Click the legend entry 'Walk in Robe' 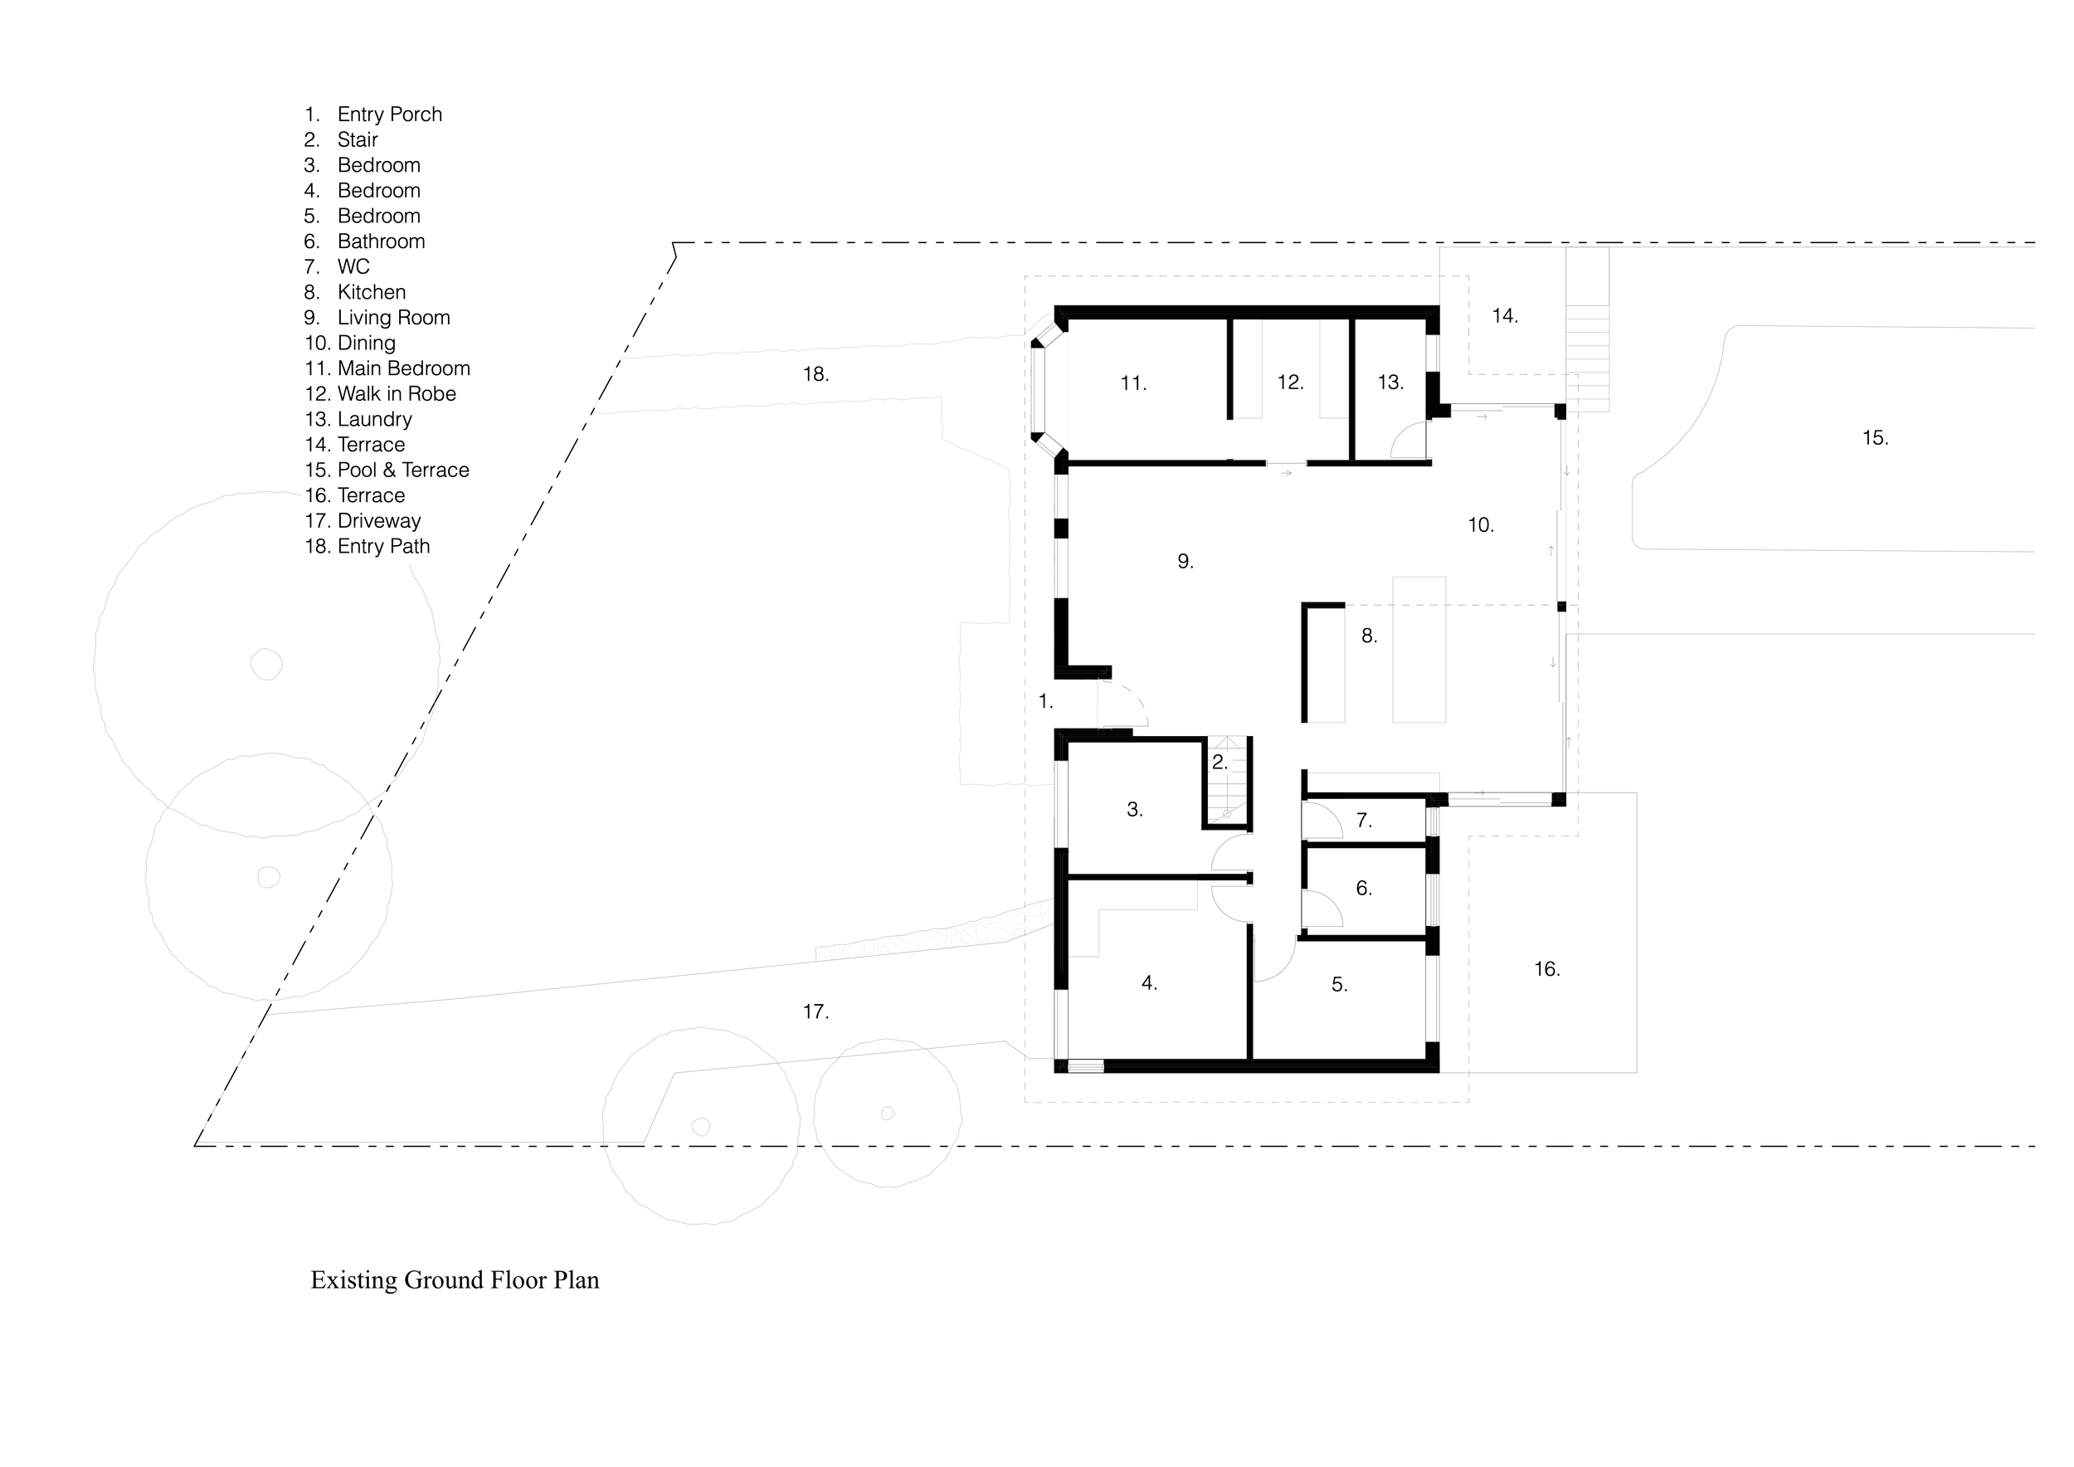(396, 394)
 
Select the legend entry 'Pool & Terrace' (402, 470)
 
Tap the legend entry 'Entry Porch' (388, 115)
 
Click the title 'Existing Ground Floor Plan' (455, 1280)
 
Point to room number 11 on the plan (1132, 384)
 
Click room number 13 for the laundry (1390, 383)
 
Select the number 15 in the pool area (1874, 438)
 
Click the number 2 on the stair (1219, 763)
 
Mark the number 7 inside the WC (1363, 821)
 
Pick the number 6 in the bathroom (1363, 889)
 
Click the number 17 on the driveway (815, 1011)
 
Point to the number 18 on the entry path (815, 374)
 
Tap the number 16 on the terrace (1546, 969)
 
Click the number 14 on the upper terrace (1504, 316)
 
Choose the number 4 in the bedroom (1148, 982)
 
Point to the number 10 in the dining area (1480, 525)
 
